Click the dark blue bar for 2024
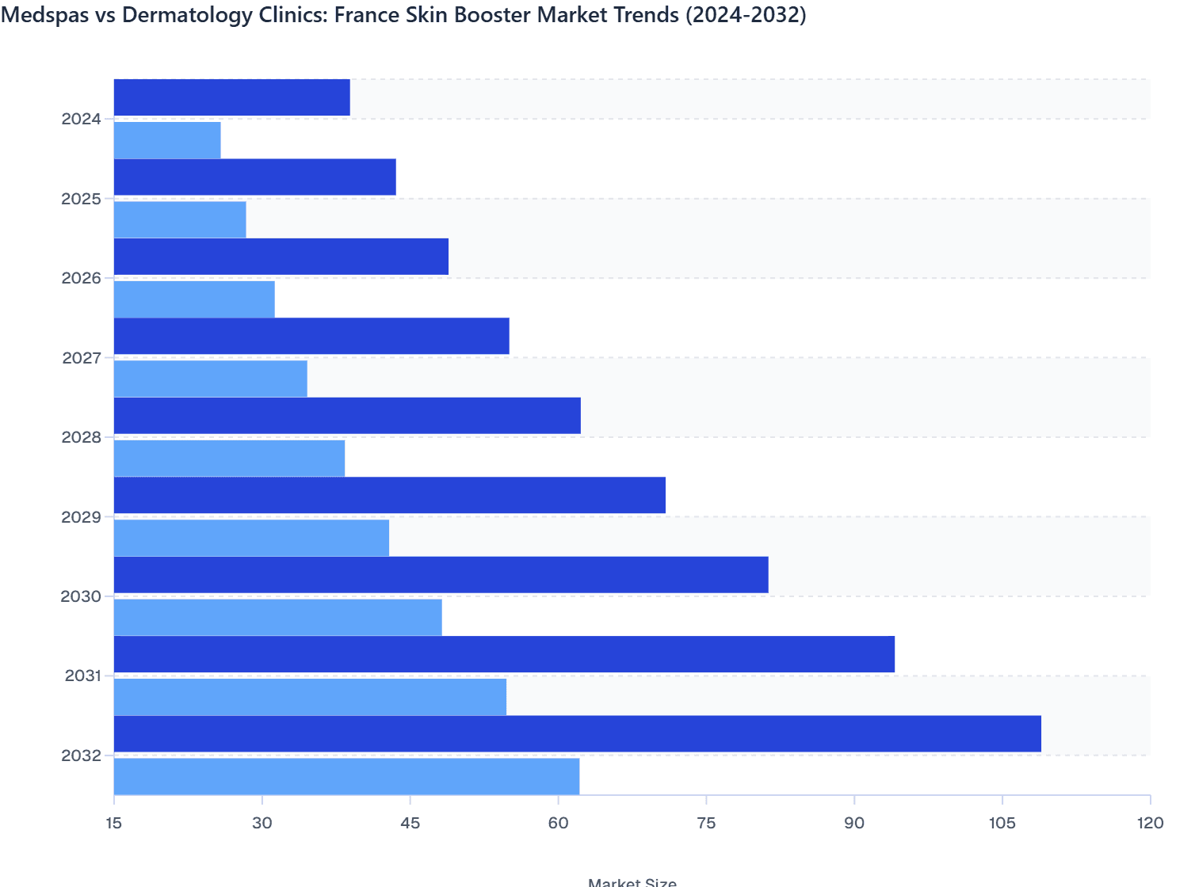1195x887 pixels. [x=231, y=97]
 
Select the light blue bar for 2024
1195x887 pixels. [x=167, y=140]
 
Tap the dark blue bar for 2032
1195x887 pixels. [x=577, y=733]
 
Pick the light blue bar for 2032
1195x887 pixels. [x=346, y=776]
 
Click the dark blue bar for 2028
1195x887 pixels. [x=347, y=416]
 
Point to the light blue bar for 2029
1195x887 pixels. [x=251, y=538]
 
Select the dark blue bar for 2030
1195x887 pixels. [x=441, y=574]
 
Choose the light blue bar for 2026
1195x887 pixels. [x=194, y=299]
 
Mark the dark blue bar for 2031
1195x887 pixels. [x=504, y=654]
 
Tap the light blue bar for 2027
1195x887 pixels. [x=210, y=379]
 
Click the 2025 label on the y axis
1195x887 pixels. [x=81, y=199]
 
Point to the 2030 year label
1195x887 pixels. [x=81, y=596]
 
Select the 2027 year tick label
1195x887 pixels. [x=81, y=358]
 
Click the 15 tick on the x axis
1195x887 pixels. [x=114, y=824]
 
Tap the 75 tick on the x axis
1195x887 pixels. [x=706, y=824]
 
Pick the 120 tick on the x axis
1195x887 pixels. [x=1150, y=824]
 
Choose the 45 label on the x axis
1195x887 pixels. [x=410, y=824]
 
